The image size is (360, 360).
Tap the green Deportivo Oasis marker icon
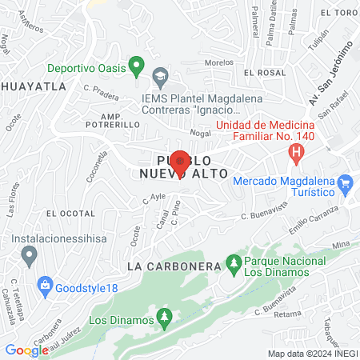[x=136, y=65]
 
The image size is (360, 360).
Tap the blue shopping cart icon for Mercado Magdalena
[x=346, y=186]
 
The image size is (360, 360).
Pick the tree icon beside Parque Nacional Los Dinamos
[x=234, y=262]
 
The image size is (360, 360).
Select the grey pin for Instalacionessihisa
[x=30, y=256]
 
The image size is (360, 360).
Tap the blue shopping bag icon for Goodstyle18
[x=46, y=284]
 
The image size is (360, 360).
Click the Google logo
[x=26, y=350]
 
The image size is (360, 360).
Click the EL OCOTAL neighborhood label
[x=70, y=214]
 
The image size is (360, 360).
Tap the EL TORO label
[x=337, y=14]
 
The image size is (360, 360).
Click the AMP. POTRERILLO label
[x=113, y=120]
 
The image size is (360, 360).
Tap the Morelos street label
[x=218, y=62]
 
